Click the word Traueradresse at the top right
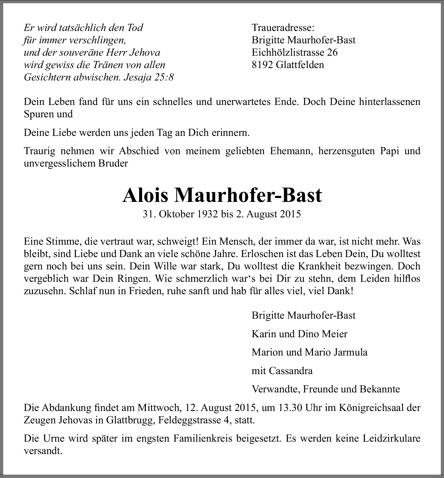point(283,28)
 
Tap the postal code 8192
point(262,65)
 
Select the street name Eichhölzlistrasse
point(287,52)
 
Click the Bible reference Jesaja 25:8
point(149,77)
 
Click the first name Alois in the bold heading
point(145,195)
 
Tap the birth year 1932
point(207,214)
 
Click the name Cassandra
point(291,371)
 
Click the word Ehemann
point(291,151)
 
